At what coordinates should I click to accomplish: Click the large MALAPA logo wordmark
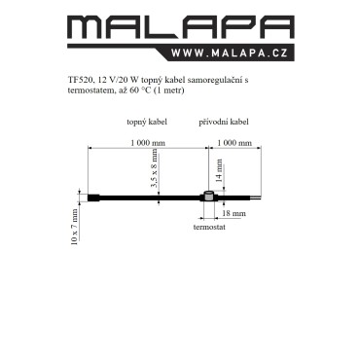point(181,28)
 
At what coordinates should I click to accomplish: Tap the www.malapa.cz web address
point(230,53)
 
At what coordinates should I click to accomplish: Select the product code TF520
point(79,80)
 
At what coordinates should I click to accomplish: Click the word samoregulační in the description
point(211,80)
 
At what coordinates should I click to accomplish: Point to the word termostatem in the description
point(90,90)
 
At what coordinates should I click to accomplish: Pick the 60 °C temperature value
point(140,90)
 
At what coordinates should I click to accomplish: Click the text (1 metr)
point(168,90)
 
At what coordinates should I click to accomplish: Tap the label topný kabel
point(147,122)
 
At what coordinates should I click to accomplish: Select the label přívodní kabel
point(224,122)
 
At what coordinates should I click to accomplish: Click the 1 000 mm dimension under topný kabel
point(148,143)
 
